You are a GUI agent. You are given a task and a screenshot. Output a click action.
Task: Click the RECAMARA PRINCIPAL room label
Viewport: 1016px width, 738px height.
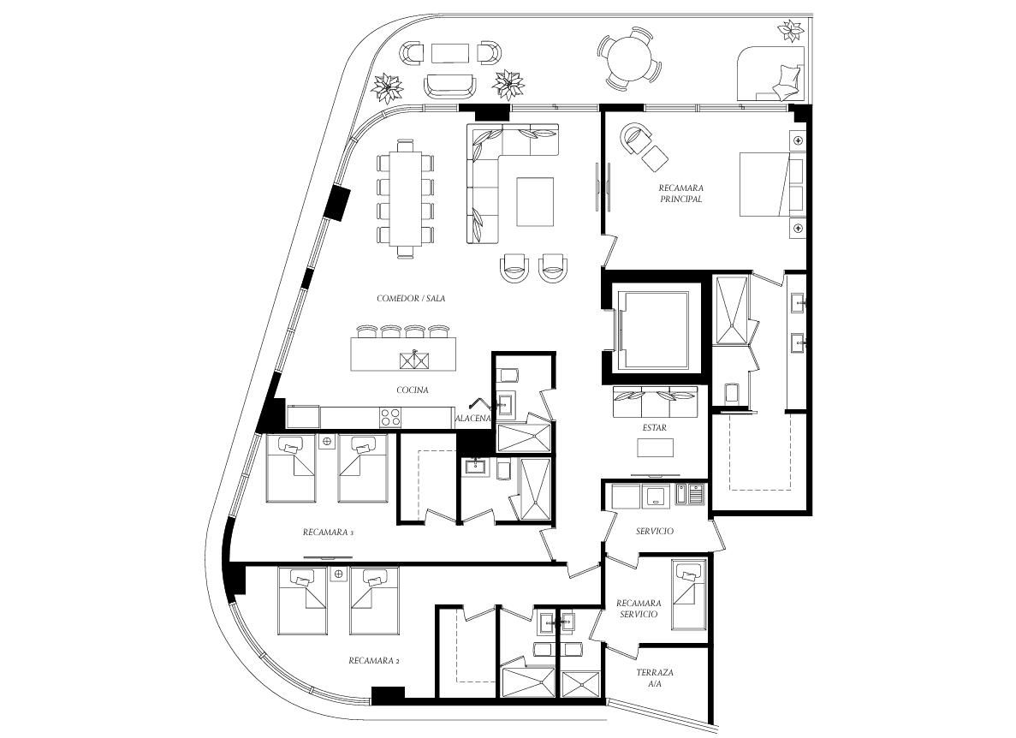681,193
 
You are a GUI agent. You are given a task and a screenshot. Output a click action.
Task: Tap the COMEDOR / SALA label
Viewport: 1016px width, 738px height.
411,299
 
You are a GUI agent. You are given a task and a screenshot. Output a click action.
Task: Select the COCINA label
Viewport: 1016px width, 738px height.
413,390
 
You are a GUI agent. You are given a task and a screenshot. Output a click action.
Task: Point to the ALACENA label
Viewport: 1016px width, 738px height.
473,419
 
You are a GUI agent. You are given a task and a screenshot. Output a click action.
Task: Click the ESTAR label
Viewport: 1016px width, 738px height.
655,427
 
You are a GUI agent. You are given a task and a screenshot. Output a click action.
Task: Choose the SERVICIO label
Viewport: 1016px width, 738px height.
655,532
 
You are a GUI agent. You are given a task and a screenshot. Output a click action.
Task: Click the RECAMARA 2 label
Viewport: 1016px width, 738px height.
374,661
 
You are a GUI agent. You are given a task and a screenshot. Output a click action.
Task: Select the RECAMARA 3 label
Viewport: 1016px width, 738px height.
328,533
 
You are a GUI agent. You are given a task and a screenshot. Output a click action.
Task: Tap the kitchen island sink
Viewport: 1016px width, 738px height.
414,359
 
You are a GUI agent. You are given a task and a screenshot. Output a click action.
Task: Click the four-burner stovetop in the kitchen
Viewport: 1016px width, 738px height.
390,417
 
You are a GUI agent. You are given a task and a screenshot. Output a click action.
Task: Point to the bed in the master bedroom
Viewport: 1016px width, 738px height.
772,184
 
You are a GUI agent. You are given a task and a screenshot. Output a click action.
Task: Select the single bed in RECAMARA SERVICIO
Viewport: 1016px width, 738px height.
689,594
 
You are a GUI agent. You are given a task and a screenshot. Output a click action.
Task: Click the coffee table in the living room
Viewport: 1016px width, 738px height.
535,201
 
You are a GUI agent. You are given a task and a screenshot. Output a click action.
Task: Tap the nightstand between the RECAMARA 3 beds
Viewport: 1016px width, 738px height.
327,441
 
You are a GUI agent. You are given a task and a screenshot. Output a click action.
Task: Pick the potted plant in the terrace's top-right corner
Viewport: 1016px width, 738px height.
792,31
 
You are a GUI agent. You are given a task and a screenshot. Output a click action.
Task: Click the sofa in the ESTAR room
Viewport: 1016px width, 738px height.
655,402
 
